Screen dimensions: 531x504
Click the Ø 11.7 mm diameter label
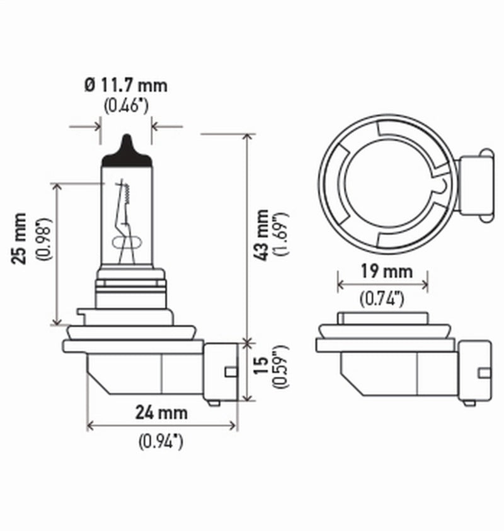[x=127, y=84]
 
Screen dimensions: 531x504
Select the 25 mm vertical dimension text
[x=21, y=238]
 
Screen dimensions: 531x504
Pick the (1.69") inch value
[x=281, y=234]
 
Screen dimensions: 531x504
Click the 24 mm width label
[x=162, y=413]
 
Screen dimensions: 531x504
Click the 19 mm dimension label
[x=383, y=271]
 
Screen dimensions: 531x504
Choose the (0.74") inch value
[x=383, y=300]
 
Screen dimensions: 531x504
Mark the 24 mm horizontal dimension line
[x=162, y=426]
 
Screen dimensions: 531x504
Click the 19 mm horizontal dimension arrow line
[x=383, y=285]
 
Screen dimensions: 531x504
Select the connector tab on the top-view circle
[x=476, y=186]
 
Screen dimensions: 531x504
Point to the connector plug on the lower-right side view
[x=475, y=372]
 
